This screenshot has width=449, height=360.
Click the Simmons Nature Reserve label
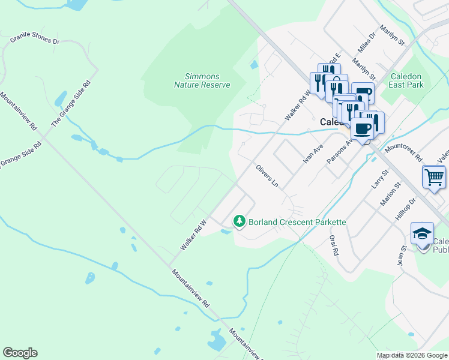(x=202, y=80)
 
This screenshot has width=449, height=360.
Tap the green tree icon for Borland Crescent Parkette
(x=240, y=222)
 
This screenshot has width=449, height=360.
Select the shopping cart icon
(x=434, y=177)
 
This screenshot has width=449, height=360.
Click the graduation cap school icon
(x=422, y=233)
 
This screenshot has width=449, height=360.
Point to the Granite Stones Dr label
(x=35, y=40)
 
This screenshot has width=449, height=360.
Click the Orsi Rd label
(x=334, y=244)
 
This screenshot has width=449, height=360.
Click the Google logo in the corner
(x=20, y=353)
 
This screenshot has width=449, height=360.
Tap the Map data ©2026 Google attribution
(x=412, y=355)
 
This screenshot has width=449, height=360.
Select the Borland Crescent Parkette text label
(x=297, y=222)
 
